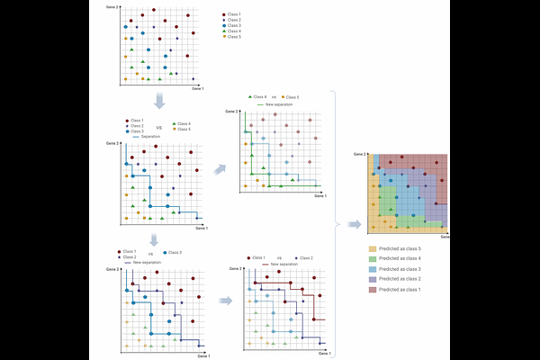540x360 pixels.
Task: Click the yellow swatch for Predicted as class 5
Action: pos(373,247)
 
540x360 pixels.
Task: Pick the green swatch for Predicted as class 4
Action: pos(373,257)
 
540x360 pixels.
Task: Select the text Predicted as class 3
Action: pos(400,268)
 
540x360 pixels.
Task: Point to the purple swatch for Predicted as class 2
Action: pos(373,279)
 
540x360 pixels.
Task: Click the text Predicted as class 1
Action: pos(400,290)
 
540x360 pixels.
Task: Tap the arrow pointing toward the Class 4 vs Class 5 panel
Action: pos(220,166)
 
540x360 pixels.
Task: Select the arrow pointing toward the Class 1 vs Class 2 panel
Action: pos(224,291)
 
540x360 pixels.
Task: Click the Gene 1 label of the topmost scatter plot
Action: pos(198,89)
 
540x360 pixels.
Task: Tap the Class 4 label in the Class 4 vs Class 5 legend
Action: pos(259,96)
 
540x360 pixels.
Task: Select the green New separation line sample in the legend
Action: pos(263,104)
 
